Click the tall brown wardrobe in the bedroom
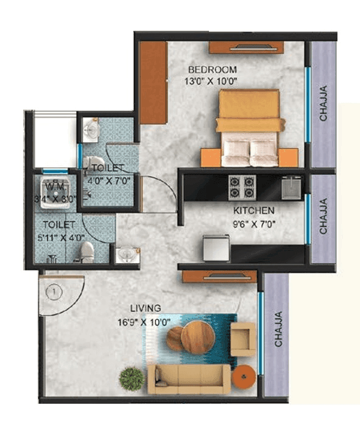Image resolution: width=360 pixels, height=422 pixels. click(x=153, y=82)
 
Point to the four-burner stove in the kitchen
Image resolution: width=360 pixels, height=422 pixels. click(x=241, y=188)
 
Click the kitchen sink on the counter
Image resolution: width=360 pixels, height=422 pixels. click(x=292, y=187)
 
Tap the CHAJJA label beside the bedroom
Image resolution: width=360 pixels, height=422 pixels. click(x=323, y=104)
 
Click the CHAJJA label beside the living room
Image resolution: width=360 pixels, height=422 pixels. click(x=278, y=329)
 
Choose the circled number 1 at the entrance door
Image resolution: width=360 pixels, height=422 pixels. click(x=54, y=292)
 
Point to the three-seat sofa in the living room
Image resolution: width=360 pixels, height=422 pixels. click(x=189, y=378)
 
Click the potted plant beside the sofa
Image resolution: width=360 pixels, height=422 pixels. click(x=132, y=379)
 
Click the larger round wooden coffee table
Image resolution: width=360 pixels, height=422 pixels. click(x=198, y=336)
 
